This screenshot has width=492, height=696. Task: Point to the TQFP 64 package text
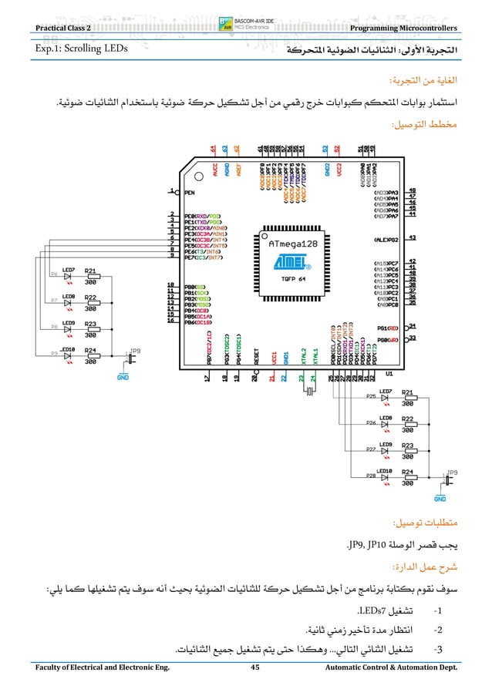pos(286,279)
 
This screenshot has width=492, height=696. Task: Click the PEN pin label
pos(189,193)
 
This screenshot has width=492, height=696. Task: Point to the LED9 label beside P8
pos(68,322)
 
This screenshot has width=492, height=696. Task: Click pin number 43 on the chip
pos(413,238)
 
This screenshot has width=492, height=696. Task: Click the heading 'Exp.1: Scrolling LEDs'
pos(78,51)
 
